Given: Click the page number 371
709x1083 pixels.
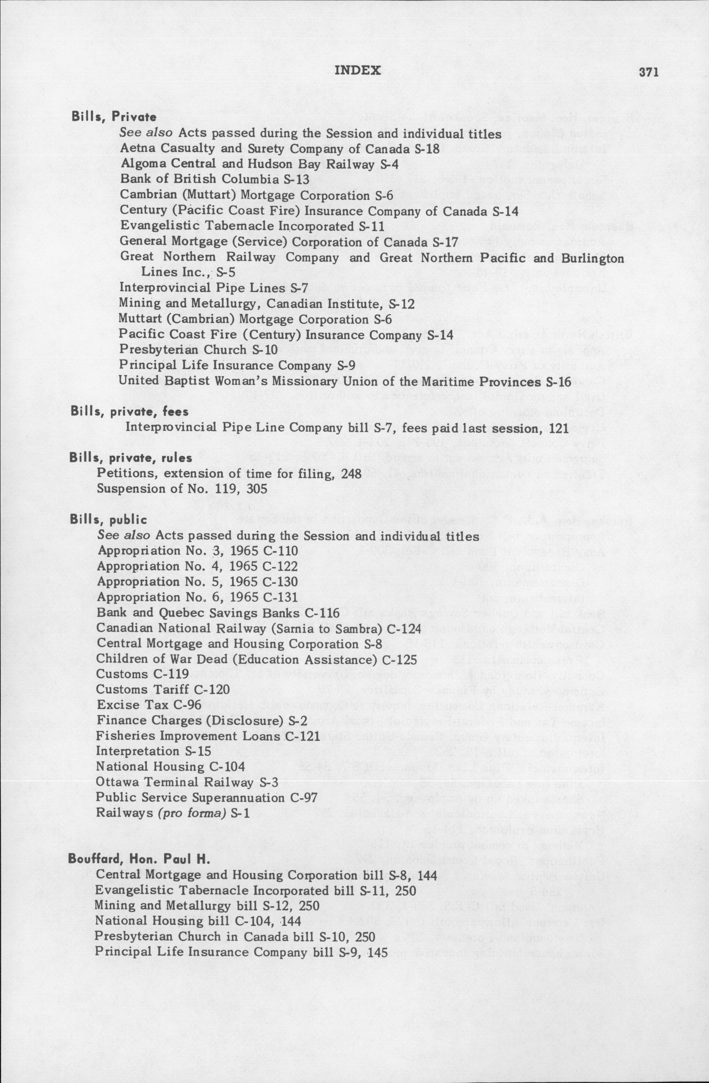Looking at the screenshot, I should pos(649,73).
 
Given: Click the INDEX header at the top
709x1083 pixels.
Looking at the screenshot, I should pos(358,70).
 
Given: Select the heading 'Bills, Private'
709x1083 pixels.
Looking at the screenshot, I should pos(114,117).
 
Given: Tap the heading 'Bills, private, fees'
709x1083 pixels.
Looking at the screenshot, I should pos(129,412).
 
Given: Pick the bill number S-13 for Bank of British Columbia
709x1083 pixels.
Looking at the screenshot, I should pos(296,179).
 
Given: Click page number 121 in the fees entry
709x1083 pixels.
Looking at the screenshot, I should pos(558,428).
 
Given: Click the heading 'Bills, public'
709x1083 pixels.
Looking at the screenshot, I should pos(109,520).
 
